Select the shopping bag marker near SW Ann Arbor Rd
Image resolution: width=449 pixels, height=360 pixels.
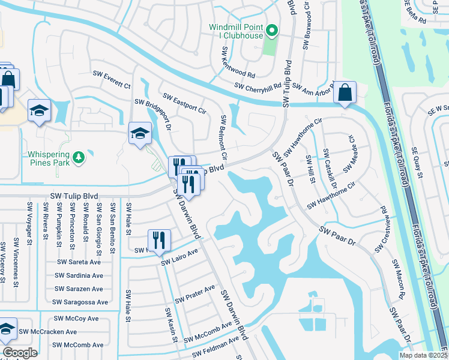coord(345,93)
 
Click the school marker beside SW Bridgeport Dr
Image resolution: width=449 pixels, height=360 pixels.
coord(140,133)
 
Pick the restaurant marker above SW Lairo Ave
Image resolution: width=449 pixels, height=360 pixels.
coord(159,240)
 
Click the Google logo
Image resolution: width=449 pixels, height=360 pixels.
coord(20,352)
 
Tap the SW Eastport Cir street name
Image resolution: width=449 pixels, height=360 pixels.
coord(185,106)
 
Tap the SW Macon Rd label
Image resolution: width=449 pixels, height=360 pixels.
coord(397,280)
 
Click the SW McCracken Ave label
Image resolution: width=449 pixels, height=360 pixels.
coord(48,331)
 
